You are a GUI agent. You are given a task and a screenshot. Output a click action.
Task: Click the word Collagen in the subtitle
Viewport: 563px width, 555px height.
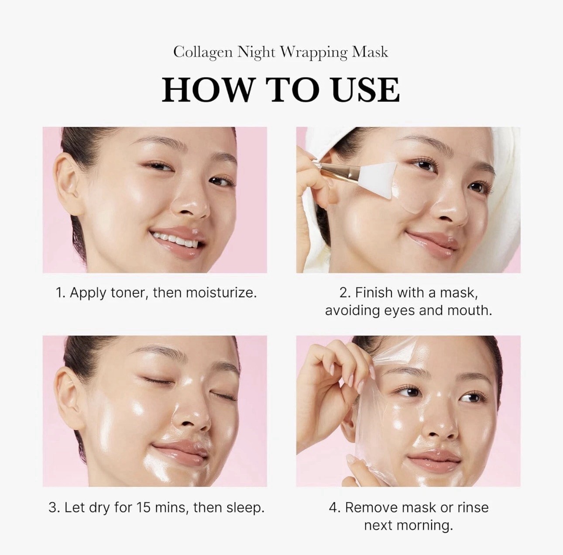(x=203, y=52)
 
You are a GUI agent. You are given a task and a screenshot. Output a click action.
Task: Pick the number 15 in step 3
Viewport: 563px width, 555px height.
(x=144, y=508)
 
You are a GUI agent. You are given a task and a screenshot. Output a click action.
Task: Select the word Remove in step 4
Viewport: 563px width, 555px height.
(x=371, y=507)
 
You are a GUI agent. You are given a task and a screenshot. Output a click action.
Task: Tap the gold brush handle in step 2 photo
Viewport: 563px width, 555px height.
(x=334, y=171)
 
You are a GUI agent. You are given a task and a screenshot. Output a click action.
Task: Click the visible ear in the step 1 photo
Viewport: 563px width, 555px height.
(x=71, y=183)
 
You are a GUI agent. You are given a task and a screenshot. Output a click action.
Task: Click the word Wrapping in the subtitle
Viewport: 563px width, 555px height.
(x=313, y=52)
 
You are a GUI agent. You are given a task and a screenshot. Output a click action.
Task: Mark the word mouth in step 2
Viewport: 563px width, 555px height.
(x=470, y=310)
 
